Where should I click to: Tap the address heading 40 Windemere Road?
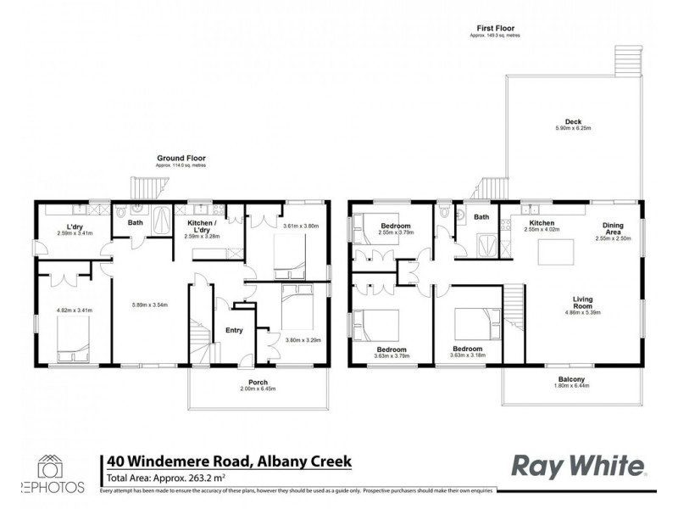[228, 461]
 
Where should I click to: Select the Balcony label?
[572, 379]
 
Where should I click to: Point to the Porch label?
[258, 382]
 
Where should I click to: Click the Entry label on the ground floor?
[235, 331]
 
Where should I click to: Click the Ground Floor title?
[181, 158]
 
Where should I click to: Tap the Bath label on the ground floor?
[135, 223]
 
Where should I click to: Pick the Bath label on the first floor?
[481, 218]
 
